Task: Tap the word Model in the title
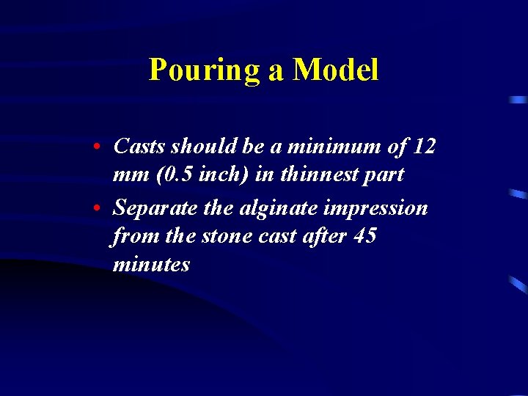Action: click(335, 70)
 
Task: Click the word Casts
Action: click(139, 147)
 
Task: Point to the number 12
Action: click(425, 147)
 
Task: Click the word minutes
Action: click(151, 264)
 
